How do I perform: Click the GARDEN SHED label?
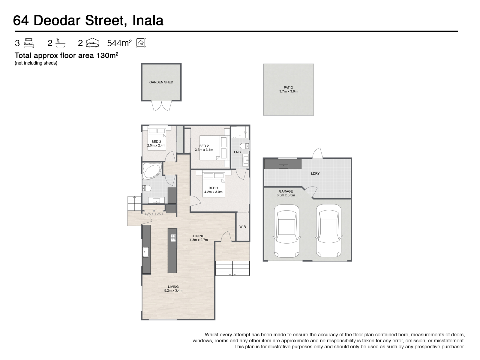pos(161,82)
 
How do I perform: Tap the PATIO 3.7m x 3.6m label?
pos(288,89)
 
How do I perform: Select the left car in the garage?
pos(287,231)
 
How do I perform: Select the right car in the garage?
pos(328,231)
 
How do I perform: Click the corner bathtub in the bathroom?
pos(152,171)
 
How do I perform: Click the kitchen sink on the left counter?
pos(145,252)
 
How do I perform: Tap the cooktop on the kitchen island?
pos(173,238)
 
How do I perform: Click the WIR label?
pos(243,226)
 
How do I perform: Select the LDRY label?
pos(315,173)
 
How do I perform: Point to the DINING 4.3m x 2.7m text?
pos(199,238)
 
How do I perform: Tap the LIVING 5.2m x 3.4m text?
pos(173,289)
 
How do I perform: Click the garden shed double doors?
pos(161,106)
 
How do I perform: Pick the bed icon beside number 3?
pos(29,43)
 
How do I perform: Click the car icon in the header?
pos(92,43)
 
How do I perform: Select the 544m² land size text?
pos(119,43)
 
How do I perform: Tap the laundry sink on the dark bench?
pos(283,166)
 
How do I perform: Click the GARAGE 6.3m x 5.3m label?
pos(286,193)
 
